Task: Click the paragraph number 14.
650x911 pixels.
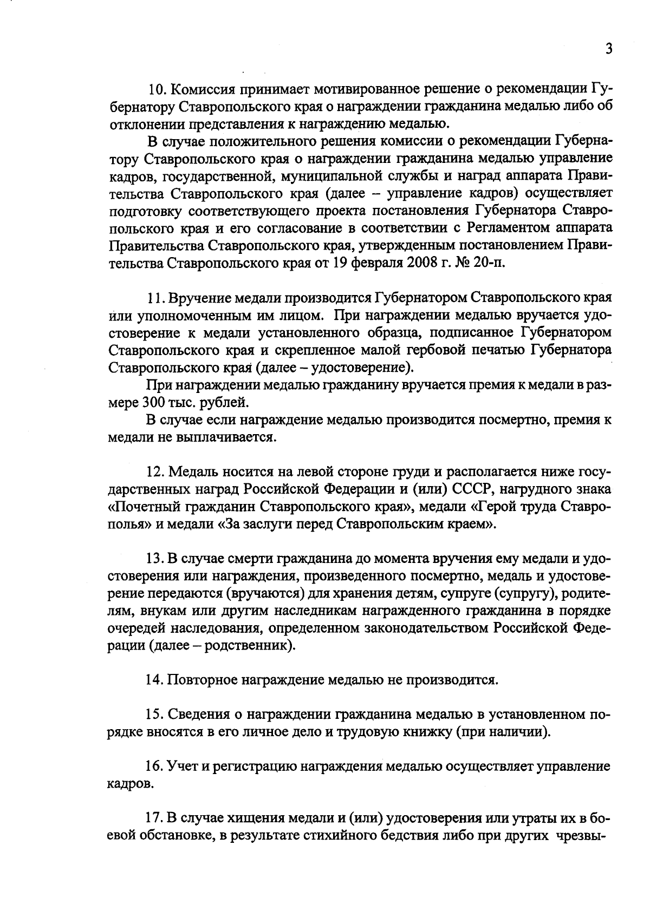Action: click(x=154, y=680)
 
